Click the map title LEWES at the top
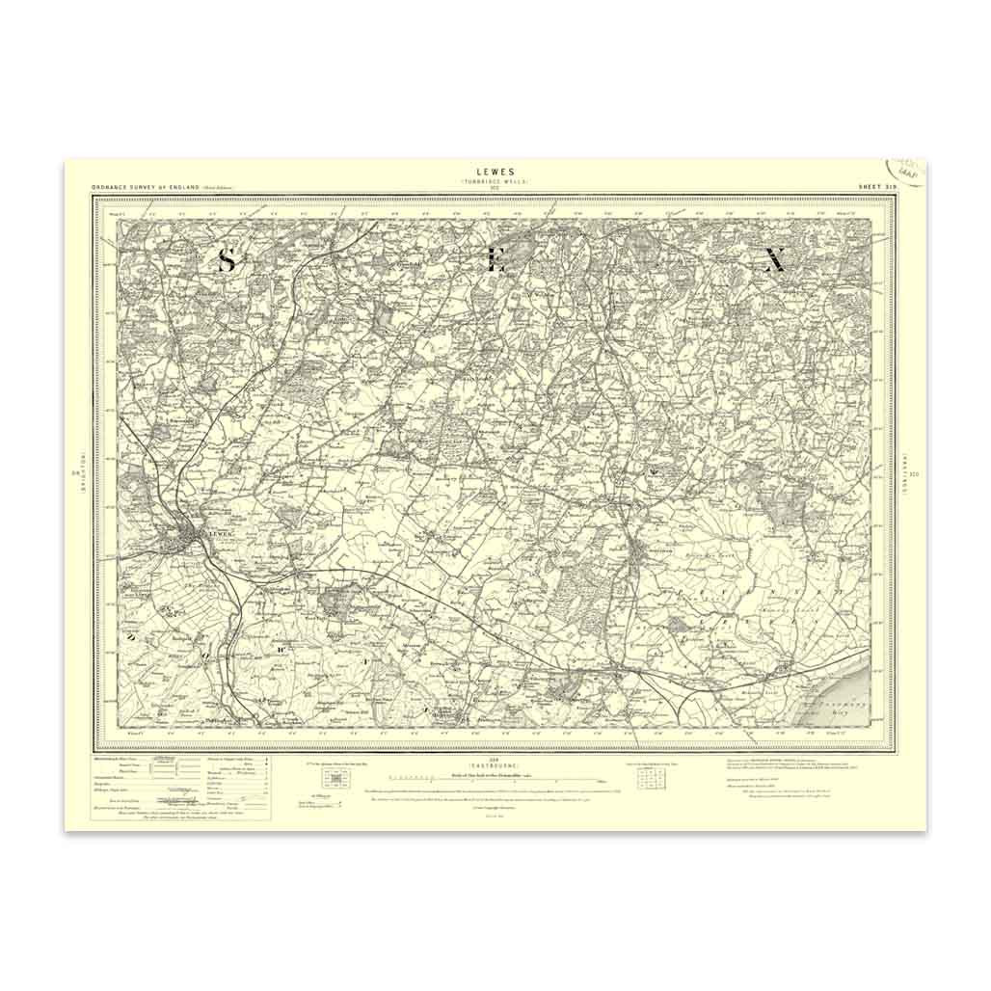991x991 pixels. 495,172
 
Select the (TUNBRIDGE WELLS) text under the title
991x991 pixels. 495,181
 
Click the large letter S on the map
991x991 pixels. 227,259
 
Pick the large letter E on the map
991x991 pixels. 496,259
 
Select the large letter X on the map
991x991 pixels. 773,259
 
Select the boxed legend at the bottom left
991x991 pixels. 180,788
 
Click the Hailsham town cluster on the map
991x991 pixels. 643,553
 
